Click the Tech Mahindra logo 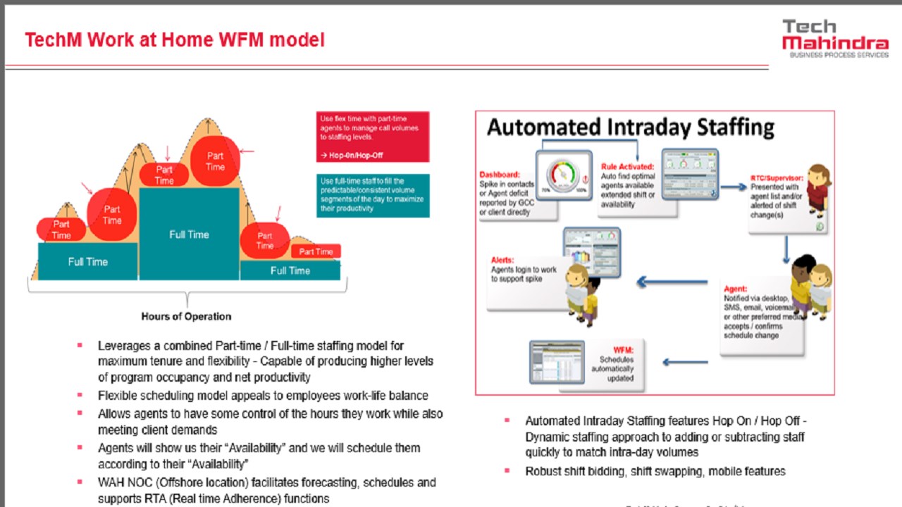pyautogui.click(x=834, y=38)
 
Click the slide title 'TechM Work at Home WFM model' pyautogui.click(x=175, y=40)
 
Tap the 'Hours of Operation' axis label pyautogui.click(x=186, y=316)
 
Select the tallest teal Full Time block pyautogui.click(x=189, y=234)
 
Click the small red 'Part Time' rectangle pyautogui.click(x=316, y=251)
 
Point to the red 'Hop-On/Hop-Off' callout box pyautogui.click(x=373, y=137)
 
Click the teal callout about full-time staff pyautogui.click(x=373, y=195)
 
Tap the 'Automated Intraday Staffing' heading pyautogui.click(x=631, y=127)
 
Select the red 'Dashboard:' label pyautogui.click(x=499, y=175)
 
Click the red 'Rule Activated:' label pyautogui.click(x=628, y=167)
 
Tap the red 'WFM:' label pyautogui.click(x=623, y=350)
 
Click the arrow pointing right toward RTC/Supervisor pyautogui.click(x=732, y=187)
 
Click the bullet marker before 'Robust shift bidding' pyautogui.click(x=507, y=470)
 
